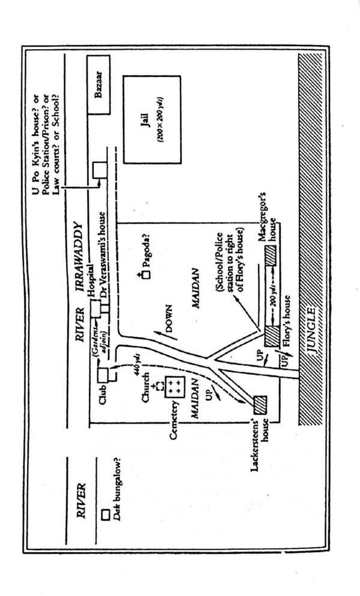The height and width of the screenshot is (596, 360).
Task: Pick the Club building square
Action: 108,375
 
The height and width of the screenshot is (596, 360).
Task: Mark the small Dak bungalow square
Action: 104,514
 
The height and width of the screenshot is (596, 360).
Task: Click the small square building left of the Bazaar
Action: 98,170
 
